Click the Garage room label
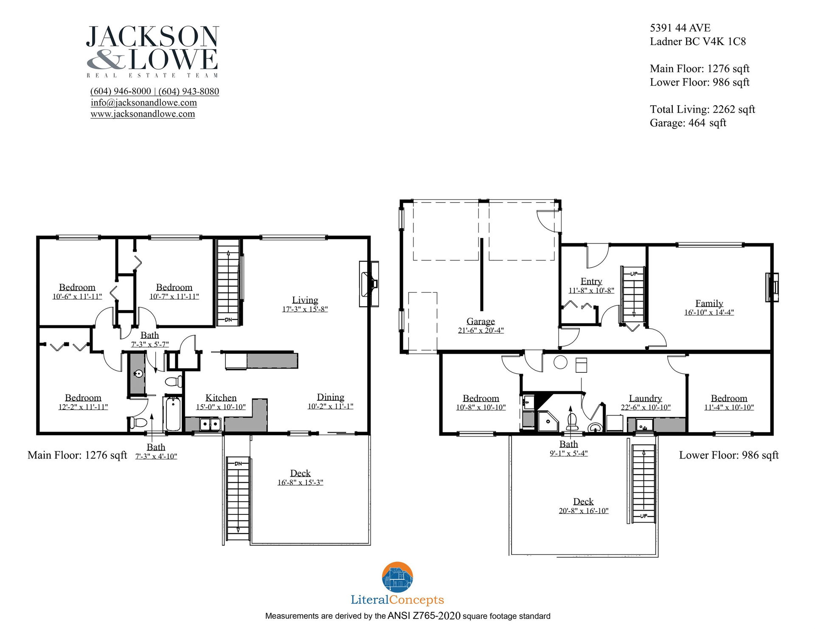[x=481, y=321]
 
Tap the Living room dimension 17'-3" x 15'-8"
[x=305, y=309]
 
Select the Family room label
[x=709, y=303]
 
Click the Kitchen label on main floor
[x=221, y=398]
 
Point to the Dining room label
[x=330, y=397]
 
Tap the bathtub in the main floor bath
[x=173, y=414]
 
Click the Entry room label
[x=591, y=281]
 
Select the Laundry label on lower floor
[x=645, y=398]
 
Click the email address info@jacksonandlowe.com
[x=143, y=103]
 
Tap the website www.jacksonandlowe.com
[x=143, y=114]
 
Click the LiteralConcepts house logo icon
[x=397, y=577]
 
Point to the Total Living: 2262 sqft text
[x=703, y=109]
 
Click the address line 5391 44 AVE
[x=680, y=28]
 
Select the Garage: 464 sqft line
[x=688, y=123]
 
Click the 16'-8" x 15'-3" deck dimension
[x=300, y=482]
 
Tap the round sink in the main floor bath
[x=138, y=374]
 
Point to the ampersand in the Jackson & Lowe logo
[x=106, y=59]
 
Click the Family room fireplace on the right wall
[x=772, y=287]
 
